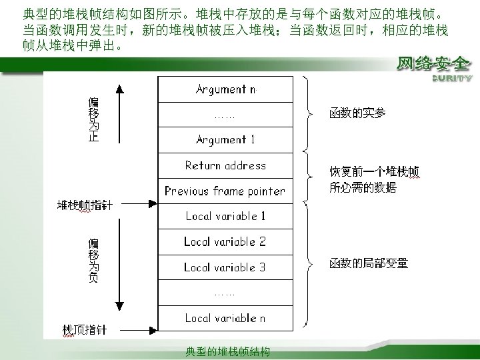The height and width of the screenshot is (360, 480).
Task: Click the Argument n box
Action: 225,89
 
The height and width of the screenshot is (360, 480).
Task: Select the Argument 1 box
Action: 225,140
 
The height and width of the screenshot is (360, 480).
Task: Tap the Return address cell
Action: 225,165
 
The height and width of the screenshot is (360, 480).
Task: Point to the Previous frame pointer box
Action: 225,191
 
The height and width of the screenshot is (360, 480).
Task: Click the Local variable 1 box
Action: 225,216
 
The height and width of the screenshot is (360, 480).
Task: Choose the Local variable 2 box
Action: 225,241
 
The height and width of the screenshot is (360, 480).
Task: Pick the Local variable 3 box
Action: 225,267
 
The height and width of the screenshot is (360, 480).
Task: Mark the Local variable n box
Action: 225,318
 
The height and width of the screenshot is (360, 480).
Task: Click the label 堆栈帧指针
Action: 85,205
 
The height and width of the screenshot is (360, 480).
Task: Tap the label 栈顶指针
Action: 84,329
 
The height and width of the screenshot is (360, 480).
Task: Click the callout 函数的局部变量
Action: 368,264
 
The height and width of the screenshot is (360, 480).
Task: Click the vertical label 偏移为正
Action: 94,119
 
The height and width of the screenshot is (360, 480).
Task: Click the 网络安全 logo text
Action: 433,65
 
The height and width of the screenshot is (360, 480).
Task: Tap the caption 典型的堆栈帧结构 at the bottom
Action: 228,351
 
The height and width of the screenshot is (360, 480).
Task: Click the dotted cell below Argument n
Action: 225,115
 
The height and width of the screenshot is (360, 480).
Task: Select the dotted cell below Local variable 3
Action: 225,293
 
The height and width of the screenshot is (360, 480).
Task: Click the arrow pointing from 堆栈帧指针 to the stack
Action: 136,205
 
